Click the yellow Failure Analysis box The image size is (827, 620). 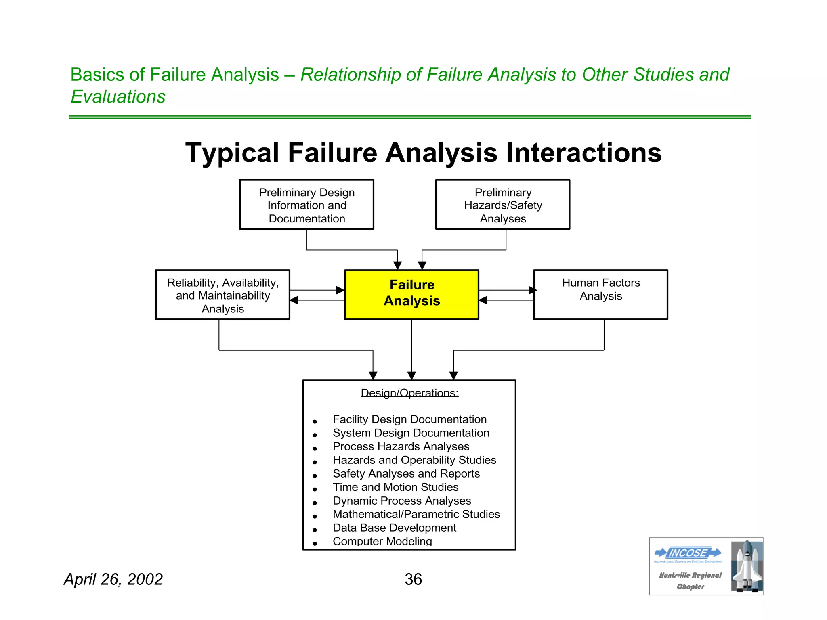click(x=411, y=294)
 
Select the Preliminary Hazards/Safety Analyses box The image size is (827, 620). click(x=503, y=205)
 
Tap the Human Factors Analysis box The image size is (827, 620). click(x=600, y=294)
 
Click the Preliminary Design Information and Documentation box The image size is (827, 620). click(x=306, y=205)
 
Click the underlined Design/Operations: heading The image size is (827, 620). click(x=409, y=393)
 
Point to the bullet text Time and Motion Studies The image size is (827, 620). click(x=395, y=487)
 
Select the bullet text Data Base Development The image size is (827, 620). click(x=394, y=528)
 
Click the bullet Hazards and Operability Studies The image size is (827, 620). click(x=414, y=460)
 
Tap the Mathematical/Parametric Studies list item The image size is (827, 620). click(x=416, y=514)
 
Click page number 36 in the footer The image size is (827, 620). click(x=413, y=580)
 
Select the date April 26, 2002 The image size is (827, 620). click(x=113, y=580)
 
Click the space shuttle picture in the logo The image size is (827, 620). click(x=747, y=566)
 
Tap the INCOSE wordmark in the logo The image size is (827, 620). click(x=688, y=553)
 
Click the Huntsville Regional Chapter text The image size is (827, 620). click(x=690, y=580)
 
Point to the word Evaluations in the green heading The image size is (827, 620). click(x=118, y=97)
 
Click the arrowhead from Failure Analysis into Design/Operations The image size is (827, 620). click(x=411, y=376)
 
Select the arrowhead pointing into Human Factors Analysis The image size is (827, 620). click(x=533, y=290)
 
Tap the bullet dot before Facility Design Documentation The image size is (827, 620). click(x=315, y=422)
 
